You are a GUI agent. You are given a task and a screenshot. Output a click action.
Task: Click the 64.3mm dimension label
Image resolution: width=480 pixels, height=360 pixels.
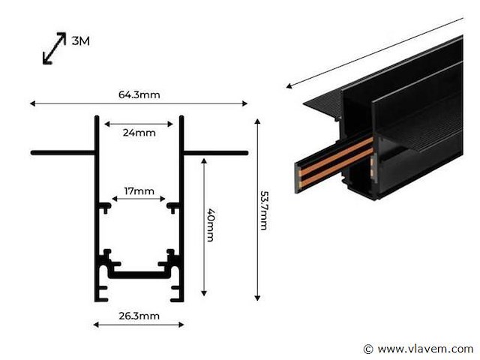tap(139, 95)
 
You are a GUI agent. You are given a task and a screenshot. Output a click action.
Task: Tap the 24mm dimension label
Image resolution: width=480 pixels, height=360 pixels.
tap(139, 133)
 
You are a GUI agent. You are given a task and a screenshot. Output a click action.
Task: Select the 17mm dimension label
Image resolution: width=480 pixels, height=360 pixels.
tap(139, 191)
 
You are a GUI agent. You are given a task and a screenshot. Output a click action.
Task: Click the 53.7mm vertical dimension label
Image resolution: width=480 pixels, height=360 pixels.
tap(264, 211)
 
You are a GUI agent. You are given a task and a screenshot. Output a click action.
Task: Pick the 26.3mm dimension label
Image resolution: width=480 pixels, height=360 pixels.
tap(139, 316)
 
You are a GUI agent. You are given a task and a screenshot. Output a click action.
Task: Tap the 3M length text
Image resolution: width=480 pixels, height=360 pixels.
tap(80, 41)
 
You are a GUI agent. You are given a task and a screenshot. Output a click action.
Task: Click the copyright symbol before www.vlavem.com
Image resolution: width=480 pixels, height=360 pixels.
tap(367, 349)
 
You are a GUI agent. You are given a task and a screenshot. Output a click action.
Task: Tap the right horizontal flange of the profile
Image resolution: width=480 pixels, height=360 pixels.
tap(215, 153)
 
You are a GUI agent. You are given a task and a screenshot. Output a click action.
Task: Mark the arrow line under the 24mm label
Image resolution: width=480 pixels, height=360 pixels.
tap(139, 122)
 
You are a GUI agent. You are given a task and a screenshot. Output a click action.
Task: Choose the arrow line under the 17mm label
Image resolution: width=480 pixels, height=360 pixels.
tap(139, 200)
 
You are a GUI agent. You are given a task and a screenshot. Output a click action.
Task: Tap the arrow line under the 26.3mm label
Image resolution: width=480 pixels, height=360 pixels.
tap(139, 325)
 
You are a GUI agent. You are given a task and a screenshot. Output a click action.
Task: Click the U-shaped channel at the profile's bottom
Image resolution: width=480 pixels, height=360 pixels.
tap(139, 274)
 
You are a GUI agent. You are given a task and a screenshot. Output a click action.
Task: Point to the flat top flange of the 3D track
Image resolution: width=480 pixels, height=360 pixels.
tap(322, 102)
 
